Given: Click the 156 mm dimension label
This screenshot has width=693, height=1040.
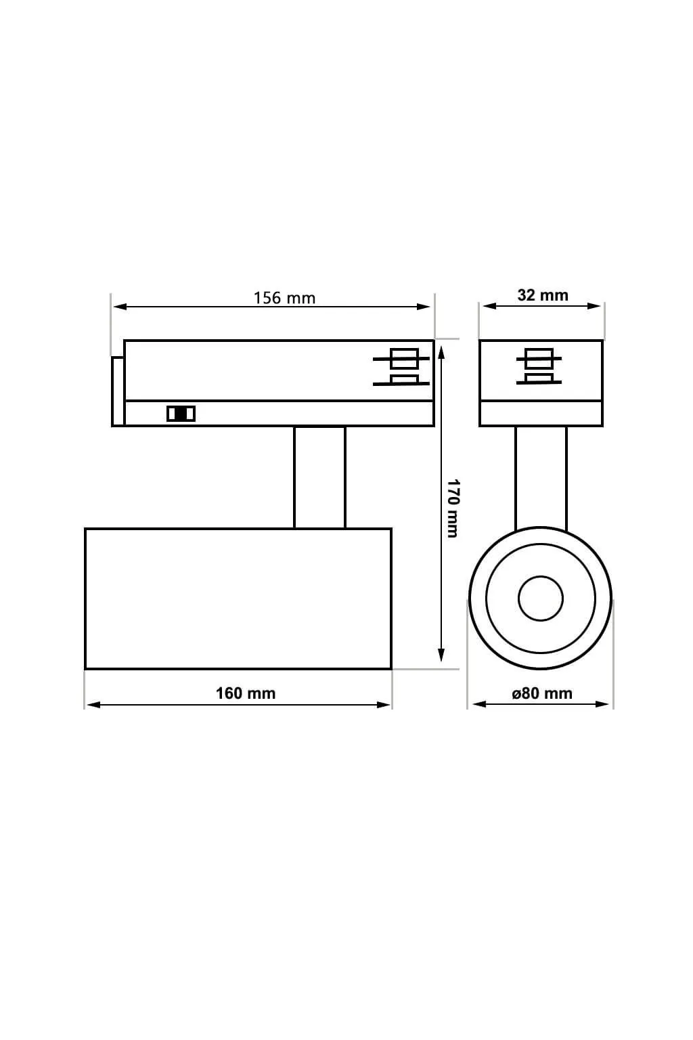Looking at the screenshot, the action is point(284,298).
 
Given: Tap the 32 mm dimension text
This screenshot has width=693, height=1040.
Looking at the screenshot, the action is point(543,295).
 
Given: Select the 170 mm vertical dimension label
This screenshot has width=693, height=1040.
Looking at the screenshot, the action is point(453,508).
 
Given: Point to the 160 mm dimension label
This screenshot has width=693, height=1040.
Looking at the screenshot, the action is point(246,693).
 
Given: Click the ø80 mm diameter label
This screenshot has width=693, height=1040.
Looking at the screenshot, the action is point(541,693).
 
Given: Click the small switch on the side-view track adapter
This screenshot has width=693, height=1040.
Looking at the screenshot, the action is point(181,414).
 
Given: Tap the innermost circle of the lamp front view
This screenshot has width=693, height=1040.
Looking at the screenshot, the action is point(541,599).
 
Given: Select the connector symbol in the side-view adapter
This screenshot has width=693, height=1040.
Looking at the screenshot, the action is point(401,367).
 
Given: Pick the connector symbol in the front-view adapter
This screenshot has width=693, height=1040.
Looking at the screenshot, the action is point(539,366).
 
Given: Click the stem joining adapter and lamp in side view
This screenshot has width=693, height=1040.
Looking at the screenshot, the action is point(320,477).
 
